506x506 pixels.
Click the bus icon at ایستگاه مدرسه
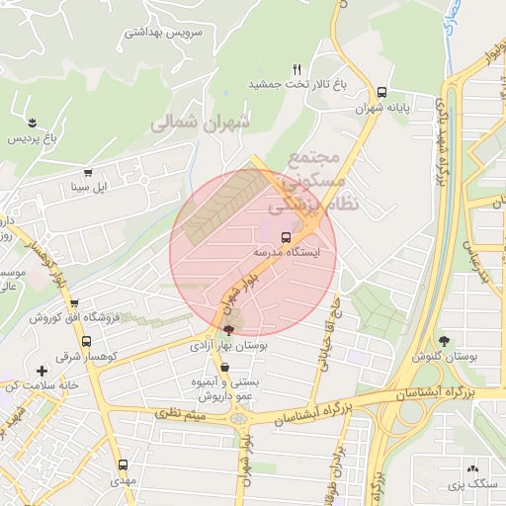pos(286,238)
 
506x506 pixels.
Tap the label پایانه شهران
pos(381,107)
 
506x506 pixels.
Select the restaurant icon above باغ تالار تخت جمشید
pos(295,69)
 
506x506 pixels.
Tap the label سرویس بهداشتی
pos(163,32)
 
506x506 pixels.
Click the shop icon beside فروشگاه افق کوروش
pos(74,303)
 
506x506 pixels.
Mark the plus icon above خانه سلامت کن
pos(42,370)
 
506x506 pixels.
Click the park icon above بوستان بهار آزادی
pos(229,330)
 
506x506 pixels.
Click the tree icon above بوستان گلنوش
pos(444,341)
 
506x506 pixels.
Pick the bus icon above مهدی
pos(123,464)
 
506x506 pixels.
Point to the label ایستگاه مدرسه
pos(293,253)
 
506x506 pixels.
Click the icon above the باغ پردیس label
pos(34,123)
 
